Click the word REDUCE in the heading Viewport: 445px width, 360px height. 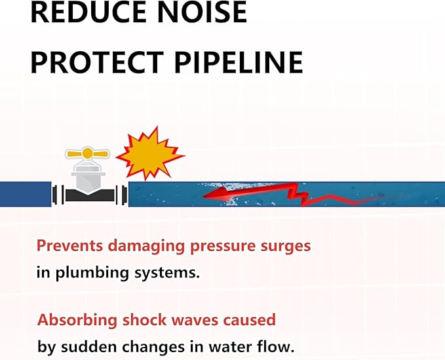88,12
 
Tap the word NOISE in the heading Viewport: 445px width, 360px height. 201,12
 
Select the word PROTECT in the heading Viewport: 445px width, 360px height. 97,62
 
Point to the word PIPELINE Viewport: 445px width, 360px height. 239,62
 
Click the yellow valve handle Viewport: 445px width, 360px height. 87,154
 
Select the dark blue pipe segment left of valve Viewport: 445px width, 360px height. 26,194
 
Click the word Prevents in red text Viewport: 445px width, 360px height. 70,246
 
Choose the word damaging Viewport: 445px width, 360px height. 147,247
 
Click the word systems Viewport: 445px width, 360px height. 167,273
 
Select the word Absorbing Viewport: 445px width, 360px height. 77,320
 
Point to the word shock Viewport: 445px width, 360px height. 144,320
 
